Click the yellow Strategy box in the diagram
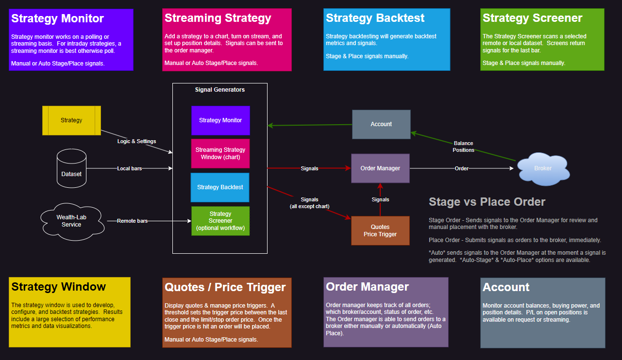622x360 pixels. click(71, 120)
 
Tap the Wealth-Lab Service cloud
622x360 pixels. click(71, 221)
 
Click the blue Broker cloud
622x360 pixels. click(542, 168)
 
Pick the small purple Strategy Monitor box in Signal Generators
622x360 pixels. click(220, 120)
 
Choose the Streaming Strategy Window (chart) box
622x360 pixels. click(220, 153)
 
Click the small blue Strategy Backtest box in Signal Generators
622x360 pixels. click(220, 187)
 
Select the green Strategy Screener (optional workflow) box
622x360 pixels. click(220, 221)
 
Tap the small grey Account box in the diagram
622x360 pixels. click(381, 124)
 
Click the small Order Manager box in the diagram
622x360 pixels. click(380, 168)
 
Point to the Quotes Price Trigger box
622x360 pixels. click(380, 230)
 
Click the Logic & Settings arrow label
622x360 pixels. click(137, 141)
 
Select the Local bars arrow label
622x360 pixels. click(130, 168)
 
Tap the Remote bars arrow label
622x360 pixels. click(132, 221)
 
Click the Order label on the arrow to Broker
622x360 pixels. click(461, 168)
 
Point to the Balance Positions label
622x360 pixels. click(463, 147)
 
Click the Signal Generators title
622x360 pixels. click(220, 90)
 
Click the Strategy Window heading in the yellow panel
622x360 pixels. click(59, 287)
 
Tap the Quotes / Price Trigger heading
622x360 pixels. click(225, 287)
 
